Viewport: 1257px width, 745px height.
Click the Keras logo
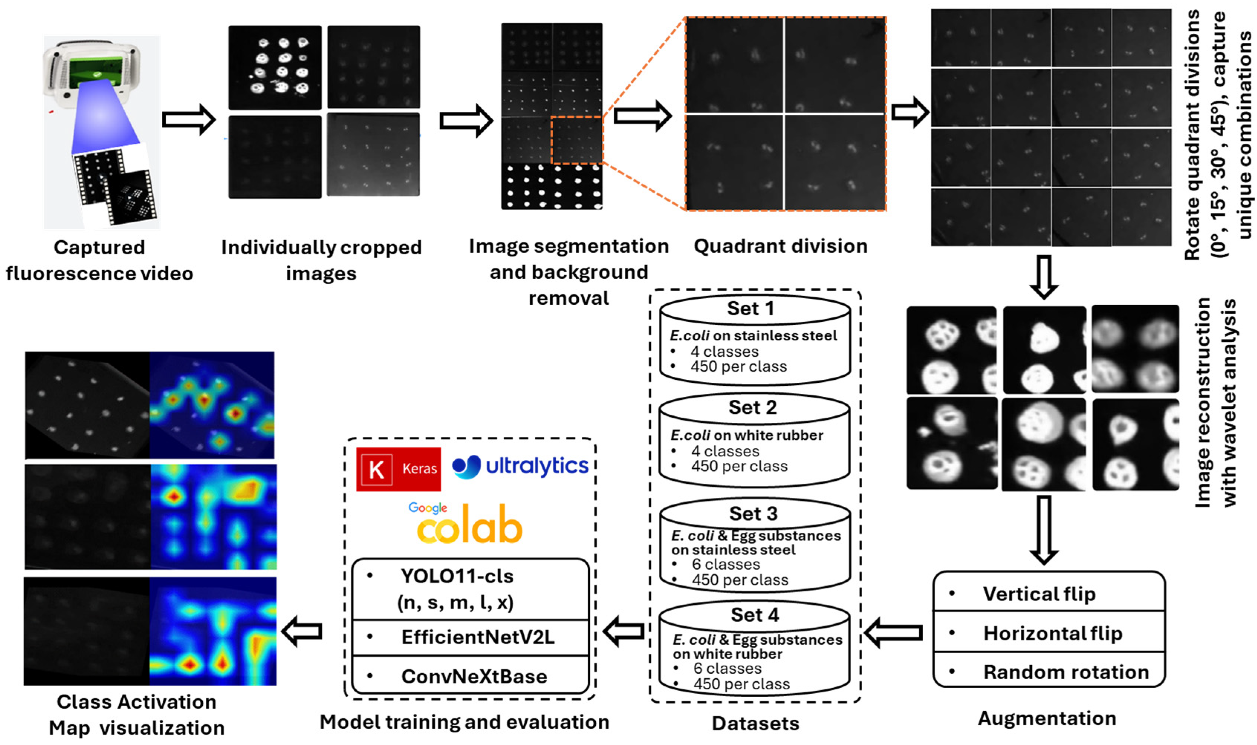point(398,469)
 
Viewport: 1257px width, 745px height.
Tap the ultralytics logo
point(520,466)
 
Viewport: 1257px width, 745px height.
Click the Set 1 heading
point(750,308)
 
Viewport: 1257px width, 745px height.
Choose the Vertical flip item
point(1039,594)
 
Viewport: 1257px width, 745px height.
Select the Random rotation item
point(1066,672)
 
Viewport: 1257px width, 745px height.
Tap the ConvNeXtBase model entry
point(474,676)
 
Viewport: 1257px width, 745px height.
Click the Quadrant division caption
point(780,246)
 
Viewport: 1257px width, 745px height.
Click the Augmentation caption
point(1047,718)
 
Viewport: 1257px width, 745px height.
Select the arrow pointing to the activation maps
point(302,631)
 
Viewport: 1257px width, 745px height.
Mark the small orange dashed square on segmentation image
point(576,140)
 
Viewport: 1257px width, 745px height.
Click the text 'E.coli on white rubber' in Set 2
point(747,435)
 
